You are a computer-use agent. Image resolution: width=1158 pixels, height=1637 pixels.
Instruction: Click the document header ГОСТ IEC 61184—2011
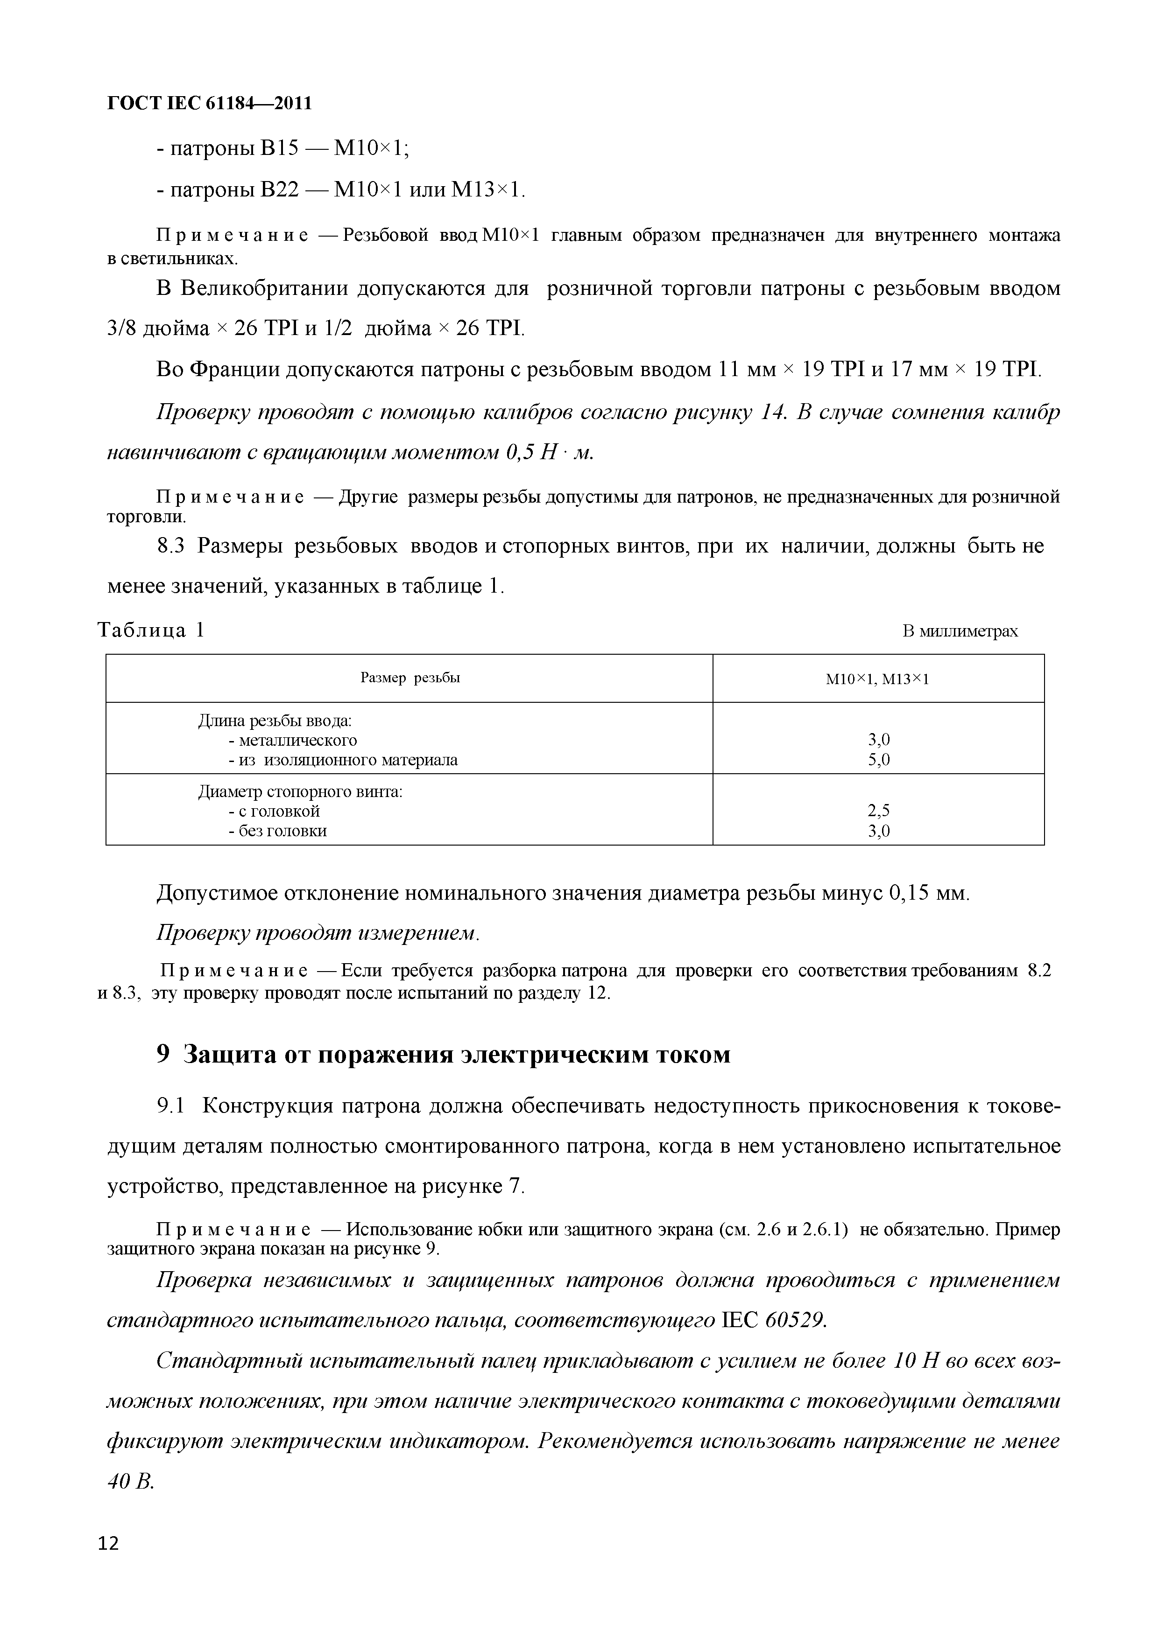point(209,104)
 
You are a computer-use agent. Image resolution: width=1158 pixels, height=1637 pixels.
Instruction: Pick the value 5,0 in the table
point(878,760)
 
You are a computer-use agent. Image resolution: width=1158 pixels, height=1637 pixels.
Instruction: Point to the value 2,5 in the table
point(878,811)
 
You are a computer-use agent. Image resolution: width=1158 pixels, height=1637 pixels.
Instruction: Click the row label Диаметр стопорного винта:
point(300,791)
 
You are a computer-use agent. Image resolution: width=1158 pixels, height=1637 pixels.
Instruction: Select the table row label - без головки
point(277,831)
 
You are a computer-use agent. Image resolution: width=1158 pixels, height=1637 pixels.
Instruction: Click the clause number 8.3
point(170,546)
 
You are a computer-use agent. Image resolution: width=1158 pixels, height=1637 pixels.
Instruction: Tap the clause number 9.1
point(170,1106)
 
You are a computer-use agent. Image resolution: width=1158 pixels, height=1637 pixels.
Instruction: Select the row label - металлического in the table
point(292,740)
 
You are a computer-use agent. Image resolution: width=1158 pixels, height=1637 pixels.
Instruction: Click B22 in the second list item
point(278,189)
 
